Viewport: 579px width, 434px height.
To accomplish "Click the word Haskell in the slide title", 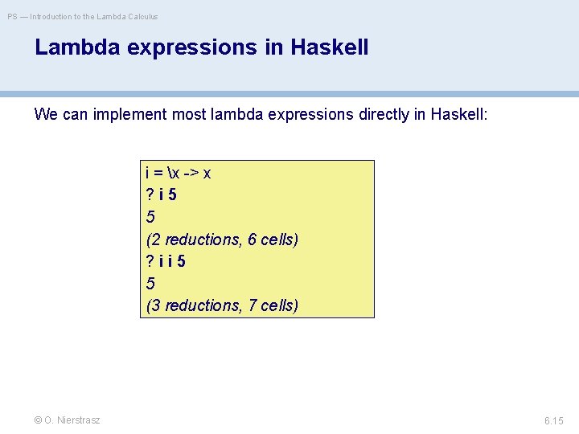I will [328, 47].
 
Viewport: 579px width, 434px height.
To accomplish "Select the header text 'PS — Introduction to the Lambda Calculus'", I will [83, 16].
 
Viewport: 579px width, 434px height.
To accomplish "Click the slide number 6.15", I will [554, 420].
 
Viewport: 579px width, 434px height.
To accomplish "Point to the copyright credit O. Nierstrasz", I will [68, 420].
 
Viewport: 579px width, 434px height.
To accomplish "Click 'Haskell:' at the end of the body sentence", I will [459, 114].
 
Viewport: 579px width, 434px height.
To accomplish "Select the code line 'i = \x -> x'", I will [178, 173].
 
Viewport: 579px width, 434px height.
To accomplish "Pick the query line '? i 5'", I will [162, 194].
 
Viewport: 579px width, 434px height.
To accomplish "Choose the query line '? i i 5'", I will [167, 261].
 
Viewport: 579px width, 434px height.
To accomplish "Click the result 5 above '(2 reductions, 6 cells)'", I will [150, 217].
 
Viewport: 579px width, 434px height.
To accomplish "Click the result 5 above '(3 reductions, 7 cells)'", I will [150, 284].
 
